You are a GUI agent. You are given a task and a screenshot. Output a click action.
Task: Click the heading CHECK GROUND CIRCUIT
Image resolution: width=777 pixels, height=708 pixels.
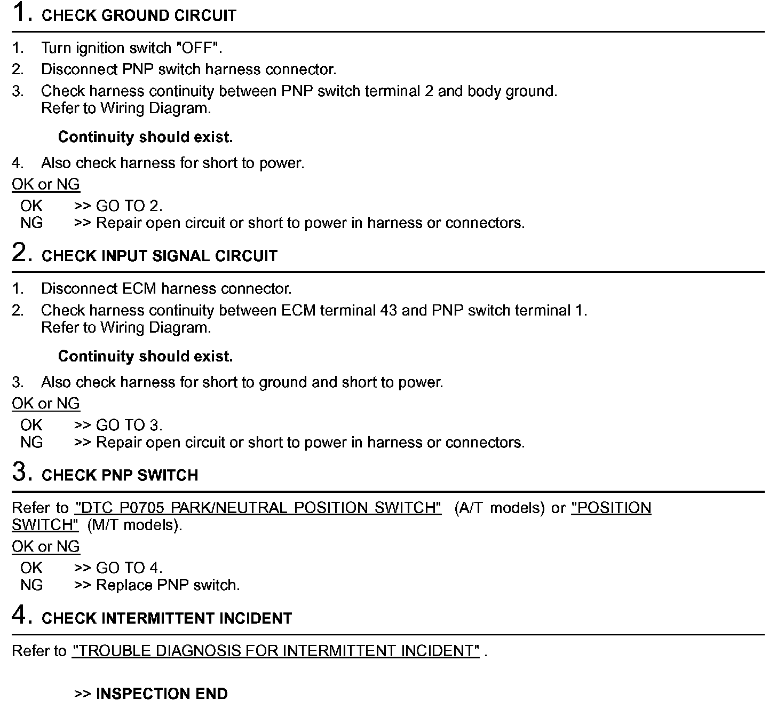(x=139, y=15)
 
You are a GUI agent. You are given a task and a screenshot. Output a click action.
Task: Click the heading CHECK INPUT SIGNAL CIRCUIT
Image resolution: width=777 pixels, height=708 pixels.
(x=159, y=256)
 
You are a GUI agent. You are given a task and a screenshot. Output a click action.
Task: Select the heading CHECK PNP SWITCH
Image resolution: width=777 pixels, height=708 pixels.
(x=120, y=475)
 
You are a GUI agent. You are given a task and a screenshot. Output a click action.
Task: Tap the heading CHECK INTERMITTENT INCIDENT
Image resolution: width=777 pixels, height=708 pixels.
(x=166, y=618)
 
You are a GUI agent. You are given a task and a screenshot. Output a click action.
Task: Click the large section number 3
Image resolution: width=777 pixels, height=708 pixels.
(x=20, y=471)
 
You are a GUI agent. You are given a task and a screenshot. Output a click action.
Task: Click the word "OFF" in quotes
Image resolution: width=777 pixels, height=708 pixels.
(x=197, y=48)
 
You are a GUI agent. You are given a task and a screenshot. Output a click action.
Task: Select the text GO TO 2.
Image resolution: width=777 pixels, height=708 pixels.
(x=129, y=206)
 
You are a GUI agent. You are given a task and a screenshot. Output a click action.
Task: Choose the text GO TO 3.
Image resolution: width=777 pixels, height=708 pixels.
(x=129, y=425)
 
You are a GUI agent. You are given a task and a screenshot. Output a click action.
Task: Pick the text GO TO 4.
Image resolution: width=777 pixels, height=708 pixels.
(x=129, y=568)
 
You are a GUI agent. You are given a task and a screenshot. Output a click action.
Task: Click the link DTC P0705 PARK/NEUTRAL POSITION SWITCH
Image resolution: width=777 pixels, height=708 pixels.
(x=258, y=508)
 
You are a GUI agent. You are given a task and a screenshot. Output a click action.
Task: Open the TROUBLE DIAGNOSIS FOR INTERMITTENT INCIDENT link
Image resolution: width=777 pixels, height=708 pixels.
(x=275, y=651)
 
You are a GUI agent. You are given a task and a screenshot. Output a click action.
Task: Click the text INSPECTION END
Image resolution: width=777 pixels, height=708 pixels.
(x=162, y=694)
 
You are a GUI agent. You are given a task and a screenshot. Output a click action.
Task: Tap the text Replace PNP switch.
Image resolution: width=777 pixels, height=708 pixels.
(x=168, y=585)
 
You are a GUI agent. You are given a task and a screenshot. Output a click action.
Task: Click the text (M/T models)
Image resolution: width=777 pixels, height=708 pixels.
(x=134, y=525)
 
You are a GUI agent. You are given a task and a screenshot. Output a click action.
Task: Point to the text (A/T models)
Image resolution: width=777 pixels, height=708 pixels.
(x=500, y=508)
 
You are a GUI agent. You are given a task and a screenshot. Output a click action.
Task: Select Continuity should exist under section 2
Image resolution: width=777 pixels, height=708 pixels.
(x=145, y=356)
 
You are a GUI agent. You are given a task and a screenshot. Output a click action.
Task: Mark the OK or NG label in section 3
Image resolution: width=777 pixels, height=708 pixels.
(x=46, y=546)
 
